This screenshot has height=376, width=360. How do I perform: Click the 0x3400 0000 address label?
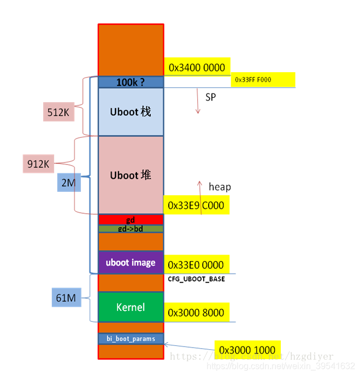coord(197,67)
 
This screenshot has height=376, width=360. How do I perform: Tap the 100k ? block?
coord(131,83)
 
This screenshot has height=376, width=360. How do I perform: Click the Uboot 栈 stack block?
coord(131,112)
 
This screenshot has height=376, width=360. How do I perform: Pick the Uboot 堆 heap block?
coord(131,175)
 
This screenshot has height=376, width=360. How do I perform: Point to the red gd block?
coord(131,220)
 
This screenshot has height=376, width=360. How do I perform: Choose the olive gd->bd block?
coord(131,228)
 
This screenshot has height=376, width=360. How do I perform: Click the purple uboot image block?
coord(131,262)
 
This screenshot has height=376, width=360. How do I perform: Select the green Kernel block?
coord(131,307)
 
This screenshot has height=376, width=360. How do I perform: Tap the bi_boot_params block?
coord(131,339)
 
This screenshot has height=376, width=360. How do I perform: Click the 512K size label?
coord(59,112)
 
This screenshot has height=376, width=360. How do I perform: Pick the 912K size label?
coord(38,163)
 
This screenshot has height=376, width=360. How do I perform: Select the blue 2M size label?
coord(69,183)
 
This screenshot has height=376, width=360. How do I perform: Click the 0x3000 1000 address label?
coord(248,350)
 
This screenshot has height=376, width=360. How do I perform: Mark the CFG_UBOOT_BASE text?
coord(196,279)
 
